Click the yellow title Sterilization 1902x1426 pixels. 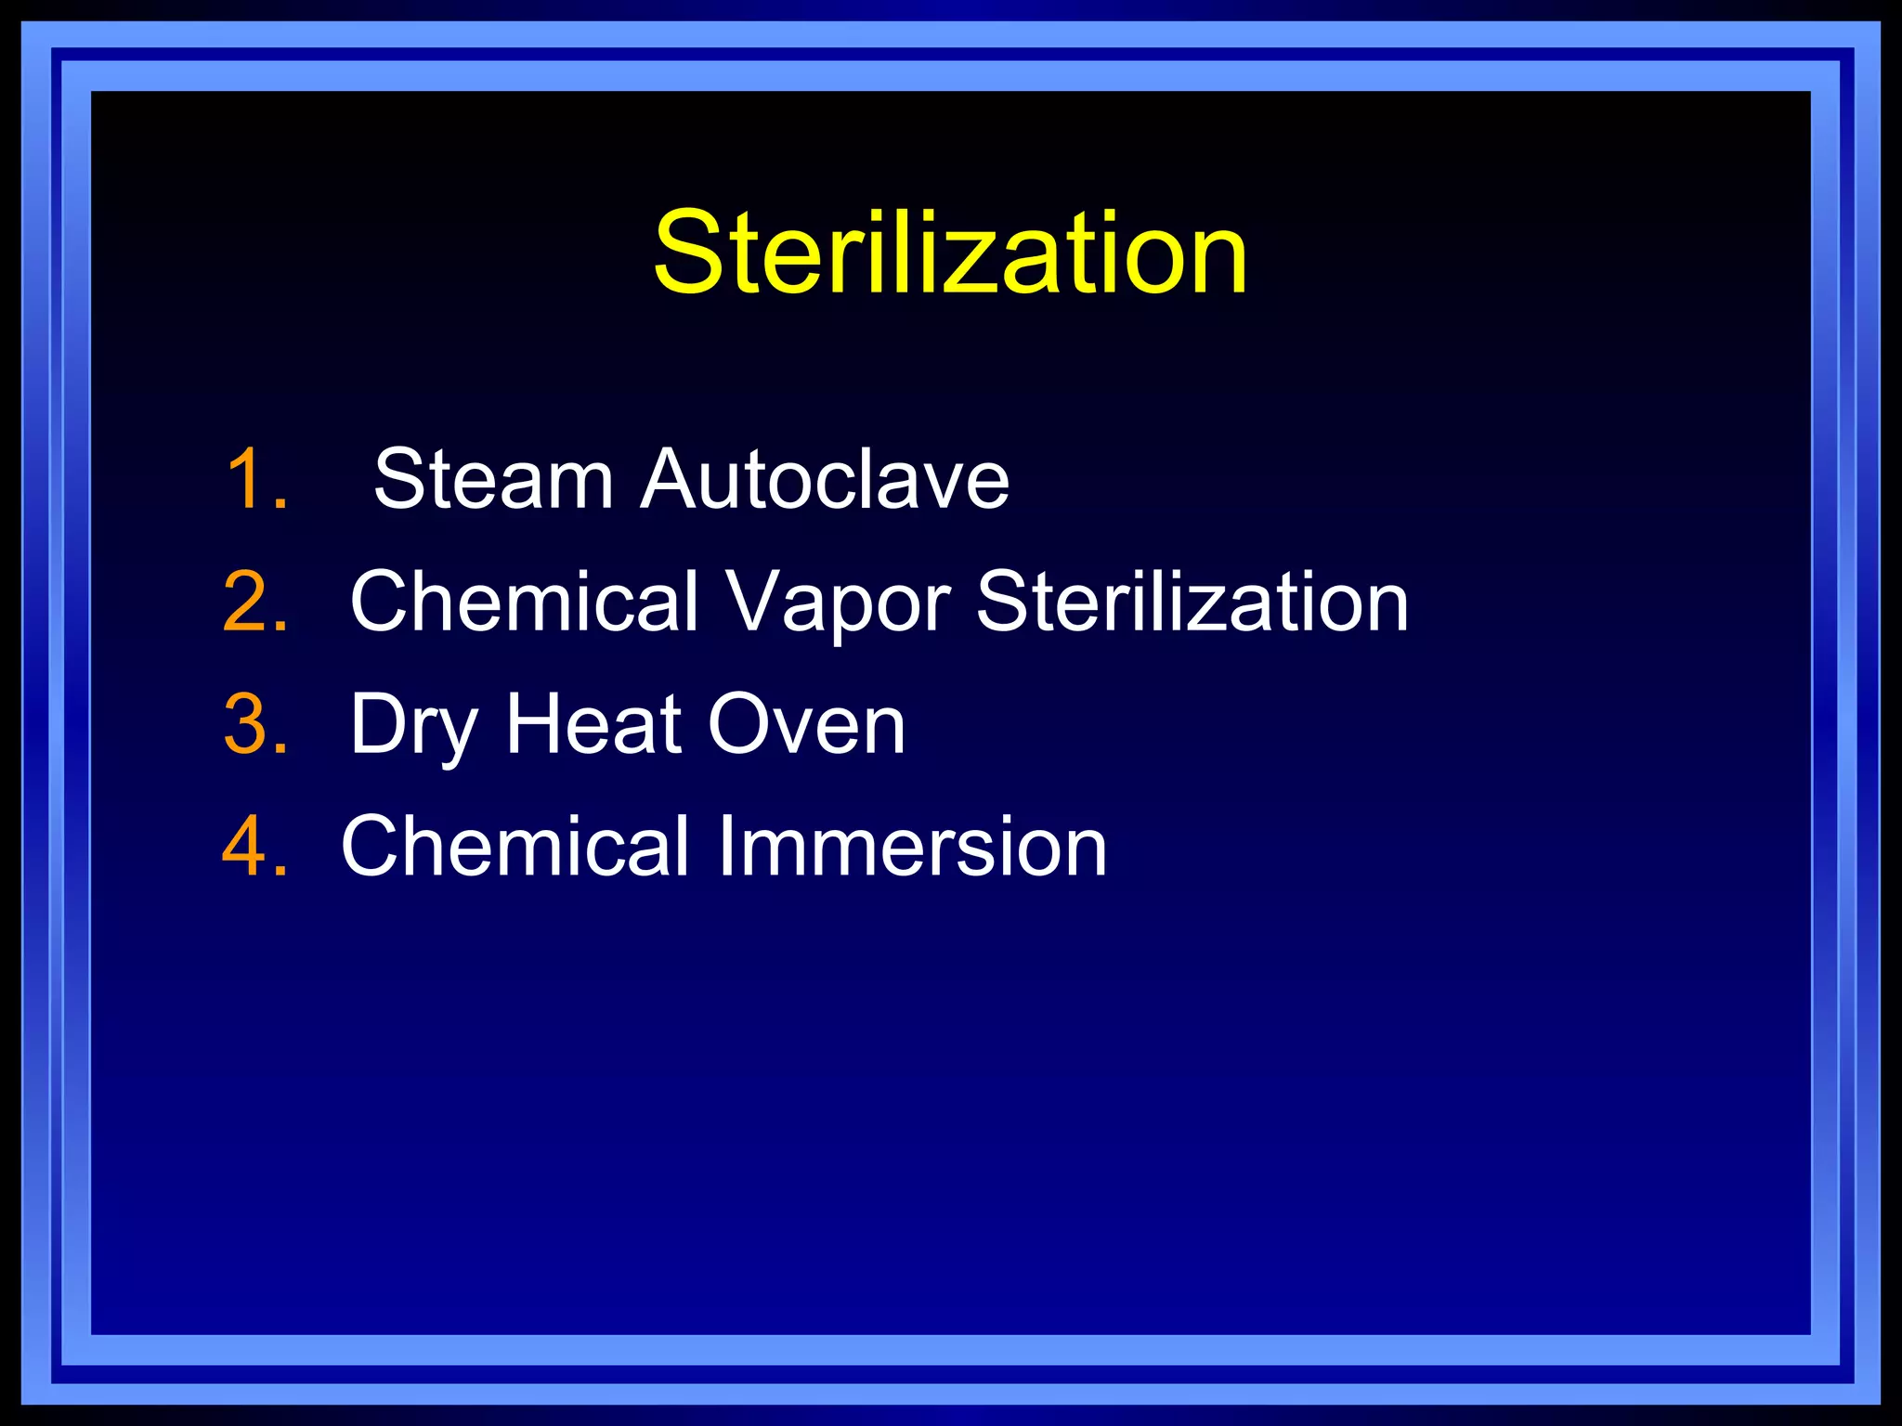[x=950, y=253]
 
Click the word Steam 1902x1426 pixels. [x=492, y=479]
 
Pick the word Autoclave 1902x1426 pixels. [x=825, y=479]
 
